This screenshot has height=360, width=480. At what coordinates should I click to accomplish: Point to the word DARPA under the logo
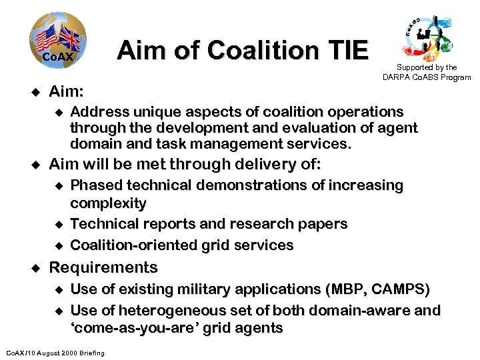(x=397, y=77)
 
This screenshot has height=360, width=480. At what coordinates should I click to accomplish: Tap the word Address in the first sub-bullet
(x=98, y=111)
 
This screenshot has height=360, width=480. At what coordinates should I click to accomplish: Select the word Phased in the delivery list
(x=95, y=185)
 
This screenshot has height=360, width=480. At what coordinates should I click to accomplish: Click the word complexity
(x=108, y=203)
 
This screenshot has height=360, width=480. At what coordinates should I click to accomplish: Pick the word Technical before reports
(x=103, y=224)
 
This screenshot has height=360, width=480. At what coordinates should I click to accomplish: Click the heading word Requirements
(x=103, y=268)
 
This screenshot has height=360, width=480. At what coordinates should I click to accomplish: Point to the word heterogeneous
(x=177, y=311)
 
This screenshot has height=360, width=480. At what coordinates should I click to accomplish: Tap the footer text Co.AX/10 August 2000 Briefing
(x=55, y=353)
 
